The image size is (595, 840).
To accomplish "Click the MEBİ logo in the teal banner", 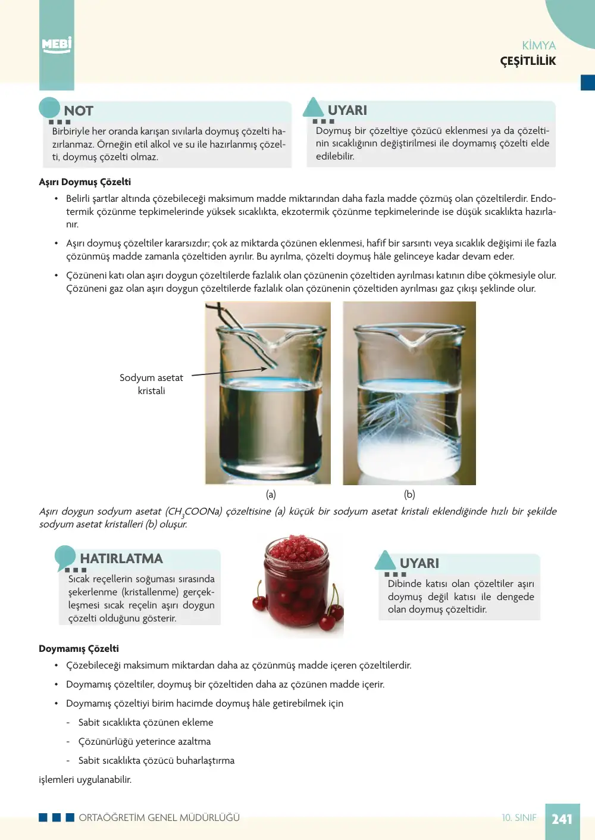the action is pos(57,45).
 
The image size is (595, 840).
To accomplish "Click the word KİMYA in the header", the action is pos(539,45).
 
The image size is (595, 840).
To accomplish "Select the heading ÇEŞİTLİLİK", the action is pos(528,61).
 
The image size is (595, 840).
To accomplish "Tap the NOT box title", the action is pos(79,111).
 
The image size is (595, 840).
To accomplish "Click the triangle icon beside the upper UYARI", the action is pos(313,107).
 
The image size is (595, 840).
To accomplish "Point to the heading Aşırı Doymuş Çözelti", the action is pos(84,182).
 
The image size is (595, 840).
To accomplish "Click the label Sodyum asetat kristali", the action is pos(151,384).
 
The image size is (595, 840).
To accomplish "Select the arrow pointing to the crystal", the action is pos(229,371).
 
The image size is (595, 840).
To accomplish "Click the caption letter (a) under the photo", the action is pos(271,494).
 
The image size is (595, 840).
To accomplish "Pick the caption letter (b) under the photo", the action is pos(409,494).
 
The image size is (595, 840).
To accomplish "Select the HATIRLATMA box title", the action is pos(121,558).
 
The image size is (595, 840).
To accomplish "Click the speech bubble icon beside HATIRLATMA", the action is pos(65,557).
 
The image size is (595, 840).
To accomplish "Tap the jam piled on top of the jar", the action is pos(297,548).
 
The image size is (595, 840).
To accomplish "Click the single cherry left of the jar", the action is pos(259,603).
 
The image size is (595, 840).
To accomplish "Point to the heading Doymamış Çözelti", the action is pos(79,648).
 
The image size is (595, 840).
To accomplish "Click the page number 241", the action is pos(562,819).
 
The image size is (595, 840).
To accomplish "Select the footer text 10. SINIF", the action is pos(519,817).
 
